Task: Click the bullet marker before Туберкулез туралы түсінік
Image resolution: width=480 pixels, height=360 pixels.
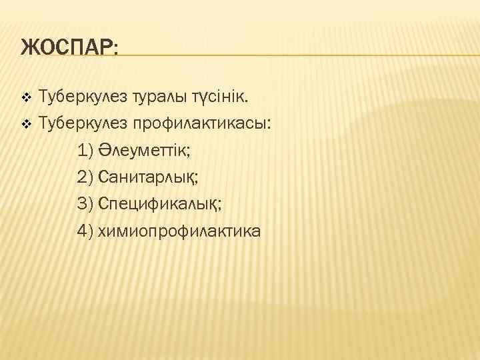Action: click(x=26, y=98)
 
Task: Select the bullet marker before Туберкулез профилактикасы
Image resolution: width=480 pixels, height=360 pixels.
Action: click(x=26, y=123)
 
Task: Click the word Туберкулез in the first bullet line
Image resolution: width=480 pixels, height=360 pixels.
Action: click(x=79, y=97)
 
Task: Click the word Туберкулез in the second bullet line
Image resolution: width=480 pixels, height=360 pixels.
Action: click(x=79, y=123)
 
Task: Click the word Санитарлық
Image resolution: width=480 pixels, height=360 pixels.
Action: click(x=148, y=177)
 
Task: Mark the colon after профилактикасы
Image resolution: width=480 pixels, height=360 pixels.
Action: click(x=269, y=125)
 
